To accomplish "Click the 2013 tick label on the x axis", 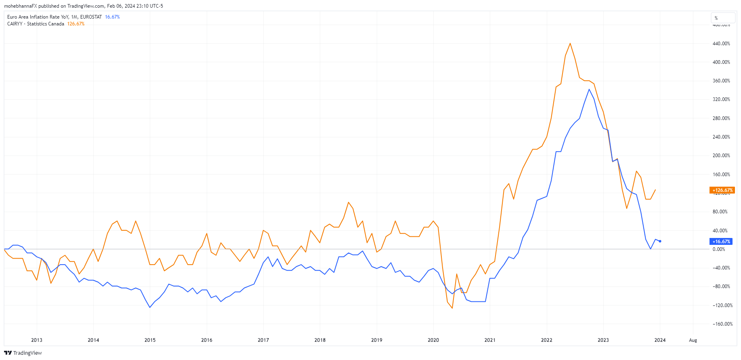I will tap(37, 340).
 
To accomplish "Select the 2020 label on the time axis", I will tap(433, 340).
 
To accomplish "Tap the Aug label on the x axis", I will tap(693, 340).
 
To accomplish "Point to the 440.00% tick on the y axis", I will tap(721, 44).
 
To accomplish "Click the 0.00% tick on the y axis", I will tap(719, 249).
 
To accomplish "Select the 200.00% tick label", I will tap(721, 156).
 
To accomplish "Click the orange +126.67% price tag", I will tap(722, 190).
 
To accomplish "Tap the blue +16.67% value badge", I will tap(721, 242).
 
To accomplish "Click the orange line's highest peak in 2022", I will tap(570, 43).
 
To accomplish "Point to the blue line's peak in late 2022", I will tap(589, 89).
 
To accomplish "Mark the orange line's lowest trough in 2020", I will tap(452, 308).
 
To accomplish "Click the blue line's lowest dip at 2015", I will tap(150, 307).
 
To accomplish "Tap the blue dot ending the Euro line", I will tap(660, 241).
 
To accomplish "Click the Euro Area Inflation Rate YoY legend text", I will tap(55, 17).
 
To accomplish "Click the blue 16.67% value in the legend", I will tap(112, 17).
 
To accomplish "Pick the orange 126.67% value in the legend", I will tap(76, 24).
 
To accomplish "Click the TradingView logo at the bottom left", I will tap(23, 353).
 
